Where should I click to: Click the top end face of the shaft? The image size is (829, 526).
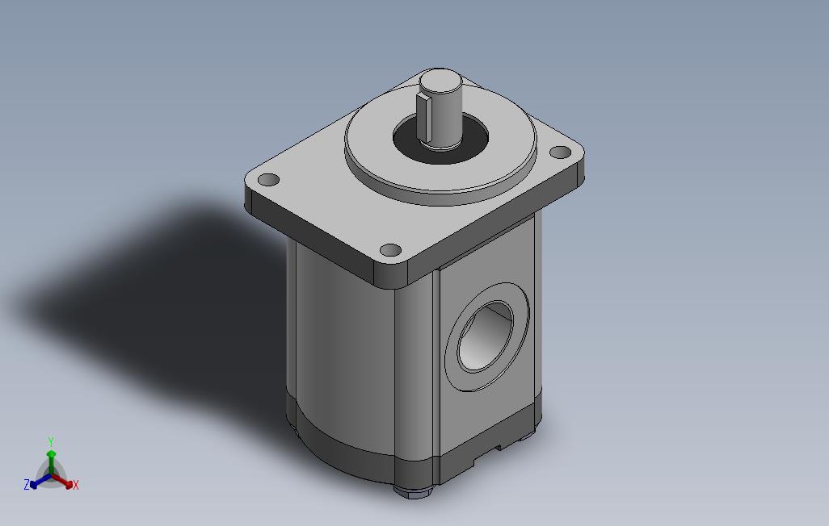click(440, 81)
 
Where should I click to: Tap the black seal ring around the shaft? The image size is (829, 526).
click(407, 146)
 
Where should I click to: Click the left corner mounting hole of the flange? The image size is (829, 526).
click(268, 179)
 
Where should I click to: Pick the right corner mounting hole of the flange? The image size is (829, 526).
click(559, 152)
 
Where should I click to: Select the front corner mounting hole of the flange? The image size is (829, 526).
click(390, 250)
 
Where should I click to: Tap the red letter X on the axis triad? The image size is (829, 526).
click(75, 485)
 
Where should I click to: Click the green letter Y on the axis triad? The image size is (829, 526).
click(50, 441)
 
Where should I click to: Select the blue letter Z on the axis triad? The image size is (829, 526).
click(27, 485)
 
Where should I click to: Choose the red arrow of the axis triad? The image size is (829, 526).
click(64, 482)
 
